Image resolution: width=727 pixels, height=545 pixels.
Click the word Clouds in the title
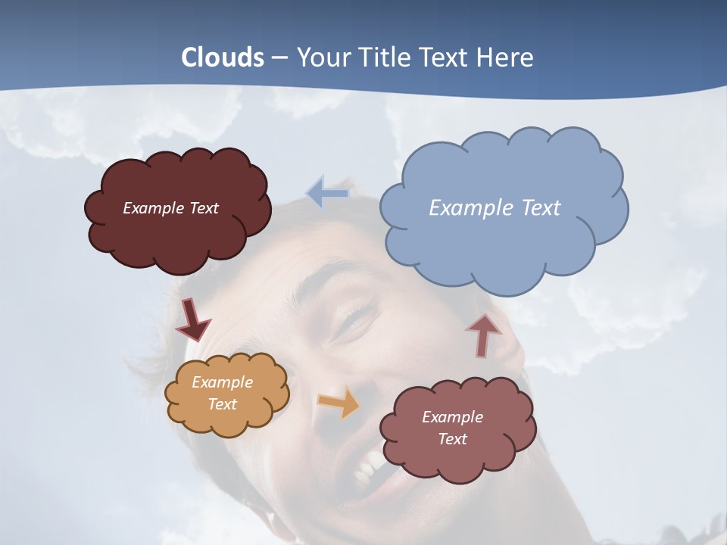pos(223,58)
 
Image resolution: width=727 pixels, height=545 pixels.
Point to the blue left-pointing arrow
pos(327,194)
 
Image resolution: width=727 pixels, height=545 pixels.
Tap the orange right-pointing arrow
pos(339,402)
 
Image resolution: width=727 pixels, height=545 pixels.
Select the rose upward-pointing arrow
pos(483,335)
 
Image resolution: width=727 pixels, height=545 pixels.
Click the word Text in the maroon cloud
pos(204,208)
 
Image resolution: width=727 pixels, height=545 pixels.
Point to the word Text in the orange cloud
pos(223,404)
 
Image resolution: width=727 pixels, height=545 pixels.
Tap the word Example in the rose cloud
pos(452,417)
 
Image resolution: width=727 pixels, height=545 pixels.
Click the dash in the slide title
pos(279,58)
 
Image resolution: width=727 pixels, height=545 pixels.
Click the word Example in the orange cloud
pos(223,382)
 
